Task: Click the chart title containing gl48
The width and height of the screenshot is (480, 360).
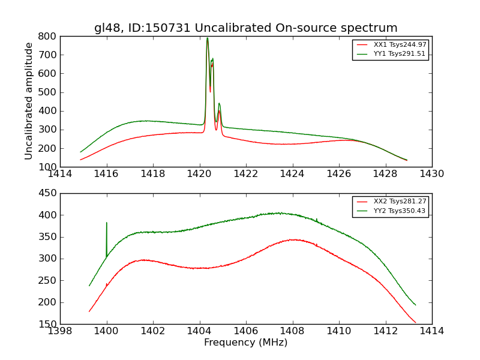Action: click(245, 28)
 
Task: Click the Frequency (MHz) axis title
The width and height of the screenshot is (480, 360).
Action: click(245, 343)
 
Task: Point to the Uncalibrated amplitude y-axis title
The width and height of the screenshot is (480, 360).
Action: click(29, 101)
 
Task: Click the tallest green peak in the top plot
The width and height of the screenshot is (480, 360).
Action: click(208, 38)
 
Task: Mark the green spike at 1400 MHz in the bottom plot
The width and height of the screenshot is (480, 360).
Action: click(107, 223)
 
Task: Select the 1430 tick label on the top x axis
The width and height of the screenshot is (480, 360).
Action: click(431, 174)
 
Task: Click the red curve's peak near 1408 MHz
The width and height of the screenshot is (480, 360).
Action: click(292, 239)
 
